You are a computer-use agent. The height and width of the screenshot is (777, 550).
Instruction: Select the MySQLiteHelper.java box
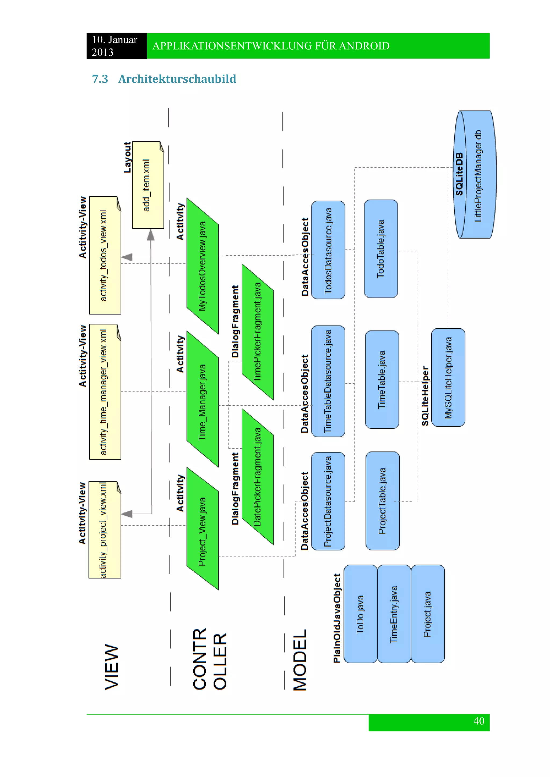point(448,377)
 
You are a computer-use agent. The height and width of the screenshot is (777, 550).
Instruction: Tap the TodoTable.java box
point(381,249)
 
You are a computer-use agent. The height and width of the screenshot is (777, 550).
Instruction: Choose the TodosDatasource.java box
point(328,250)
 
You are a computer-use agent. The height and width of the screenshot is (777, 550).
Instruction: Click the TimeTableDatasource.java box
point(328,381)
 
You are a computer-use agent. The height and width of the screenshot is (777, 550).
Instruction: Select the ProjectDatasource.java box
point(328,501)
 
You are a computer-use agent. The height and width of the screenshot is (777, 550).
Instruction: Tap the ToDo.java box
point(360,614)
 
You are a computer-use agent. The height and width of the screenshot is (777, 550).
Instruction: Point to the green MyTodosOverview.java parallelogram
point(202,266)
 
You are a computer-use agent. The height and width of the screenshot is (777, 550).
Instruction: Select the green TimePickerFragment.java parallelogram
point(257,332)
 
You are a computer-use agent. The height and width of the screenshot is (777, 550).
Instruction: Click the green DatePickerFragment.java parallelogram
point(257,477)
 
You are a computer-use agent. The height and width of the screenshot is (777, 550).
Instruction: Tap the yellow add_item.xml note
point(148,185)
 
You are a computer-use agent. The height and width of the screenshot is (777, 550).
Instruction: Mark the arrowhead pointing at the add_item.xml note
point(151,235)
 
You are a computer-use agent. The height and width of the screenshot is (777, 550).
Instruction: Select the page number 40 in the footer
point(479,721)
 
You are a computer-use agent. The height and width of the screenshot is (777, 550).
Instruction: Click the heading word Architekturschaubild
point(177,79)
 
